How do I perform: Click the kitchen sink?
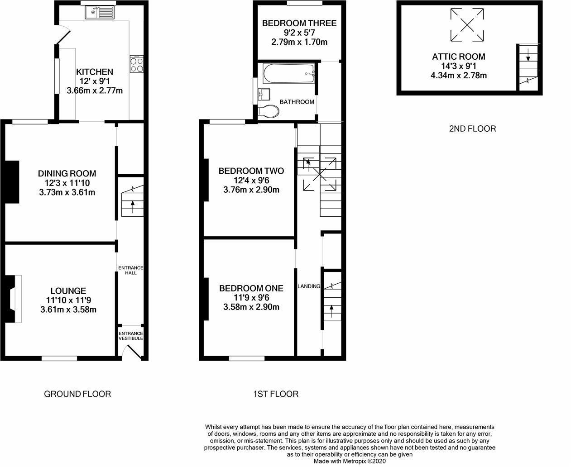pos(100,13)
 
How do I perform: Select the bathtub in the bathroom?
pos(289,71)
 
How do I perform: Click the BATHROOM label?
pos(297,102)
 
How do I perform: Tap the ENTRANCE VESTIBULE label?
pos(131,336)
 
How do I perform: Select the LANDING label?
pos(309,286)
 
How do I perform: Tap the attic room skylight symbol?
pos(466,24)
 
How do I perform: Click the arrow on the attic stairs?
pos(528,58)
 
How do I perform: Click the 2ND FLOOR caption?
pos(472,129)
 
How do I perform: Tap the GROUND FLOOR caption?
pos(77,394)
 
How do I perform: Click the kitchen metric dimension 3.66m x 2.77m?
pos(95,91)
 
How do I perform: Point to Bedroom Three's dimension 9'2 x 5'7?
pos(299,33)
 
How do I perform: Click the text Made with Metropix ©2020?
pos(350,462)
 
